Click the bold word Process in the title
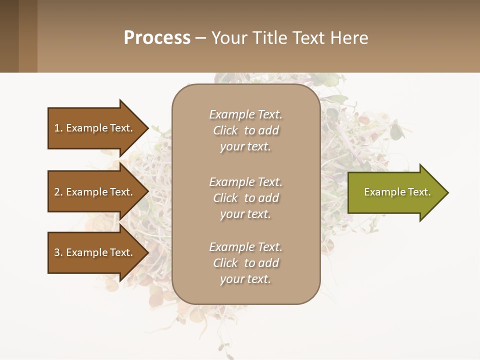[x=157, y=38]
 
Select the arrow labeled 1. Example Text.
[x=95, y=128]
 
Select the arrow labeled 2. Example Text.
[x=95, y=192]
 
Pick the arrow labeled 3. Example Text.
[x=95, y=252]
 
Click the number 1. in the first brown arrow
[x=58, y=128]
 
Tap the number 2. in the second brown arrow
[x=58, y=192]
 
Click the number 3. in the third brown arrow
[x=58, y=252]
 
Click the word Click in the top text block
[x=225, y=131]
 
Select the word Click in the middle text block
[x=225, y=198]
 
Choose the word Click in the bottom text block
[x=225, y=263]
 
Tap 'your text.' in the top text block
[x=245, y=147]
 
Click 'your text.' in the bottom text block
[x=245, y=279]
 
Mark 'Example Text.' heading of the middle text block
[x=245, y=182]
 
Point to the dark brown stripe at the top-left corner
[x=9, y=36]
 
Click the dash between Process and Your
[x=200, y=38]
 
